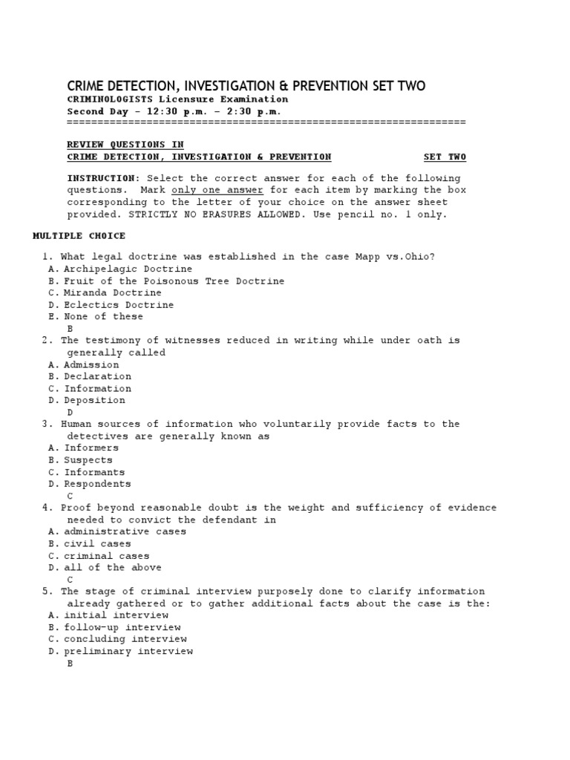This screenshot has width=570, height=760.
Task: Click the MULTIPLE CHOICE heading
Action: [79, 236]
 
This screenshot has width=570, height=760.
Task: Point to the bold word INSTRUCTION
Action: [103, 178]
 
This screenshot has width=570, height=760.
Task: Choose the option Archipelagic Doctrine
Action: [128, 269]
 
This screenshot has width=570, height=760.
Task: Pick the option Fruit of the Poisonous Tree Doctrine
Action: [174, 281]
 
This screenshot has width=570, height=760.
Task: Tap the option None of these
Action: [103, 317]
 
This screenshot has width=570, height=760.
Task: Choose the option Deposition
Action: [94, 401]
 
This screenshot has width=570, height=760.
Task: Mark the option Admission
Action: [91, 365]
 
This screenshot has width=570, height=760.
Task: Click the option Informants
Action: [94, 473]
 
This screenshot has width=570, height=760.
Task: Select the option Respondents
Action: [97, 485]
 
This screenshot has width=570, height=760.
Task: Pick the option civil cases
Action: [97, 544]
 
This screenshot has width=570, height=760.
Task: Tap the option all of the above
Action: [112, 568]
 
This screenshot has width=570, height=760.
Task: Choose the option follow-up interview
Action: [122, 627]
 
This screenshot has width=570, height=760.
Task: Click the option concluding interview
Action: [125, 639]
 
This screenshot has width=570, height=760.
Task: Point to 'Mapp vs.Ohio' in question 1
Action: [399, 257]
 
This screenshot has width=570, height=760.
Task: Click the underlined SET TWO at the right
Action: [445, 157]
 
